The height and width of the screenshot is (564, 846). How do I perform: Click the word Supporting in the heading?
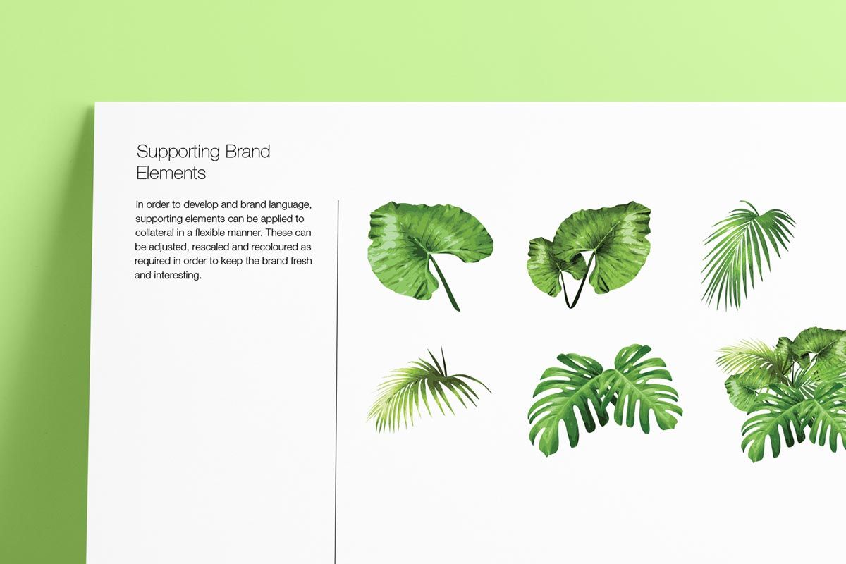click(x=178, y=152)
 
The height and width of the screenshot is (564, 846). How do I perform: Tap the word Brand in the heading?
click(x=247, y=151)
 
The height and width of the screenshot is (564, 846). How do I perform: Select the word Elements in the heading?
click(x=171, y=173)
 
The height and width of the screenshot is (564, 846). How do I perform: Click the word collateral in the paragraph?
click(x=154, y=233)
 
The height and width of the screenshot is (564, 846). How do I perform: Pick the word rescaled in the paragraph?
click(x=210, y=247)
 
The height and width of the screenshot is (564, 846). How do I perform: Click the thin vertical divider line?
click(x=336, y=381)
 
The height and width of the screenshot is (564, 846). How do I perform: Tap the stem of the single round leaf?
click(x=445, y=283)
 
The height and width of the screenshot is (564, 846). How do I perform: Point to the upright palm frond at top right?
click(x=748, y=255)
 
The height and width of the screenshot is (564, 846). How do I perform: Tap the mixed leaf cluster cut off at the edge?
click(x=782, y=395)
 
